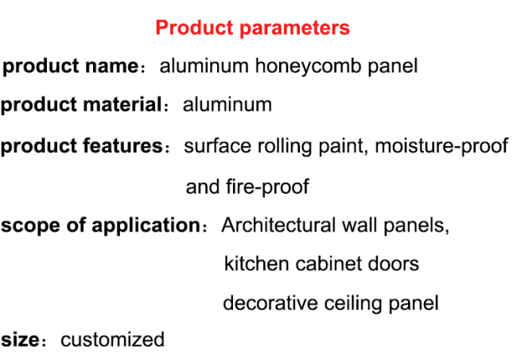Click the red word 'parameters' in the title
294,29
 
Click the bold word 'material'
122,104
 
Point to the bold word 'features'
122,145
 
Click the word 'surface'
217,146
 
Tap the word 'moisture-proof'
441,146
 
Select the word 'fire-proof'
267,188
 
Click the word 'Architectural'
278,226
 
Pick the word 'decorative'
270,303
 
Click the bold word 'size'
20,340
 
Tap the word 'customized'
112,339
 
